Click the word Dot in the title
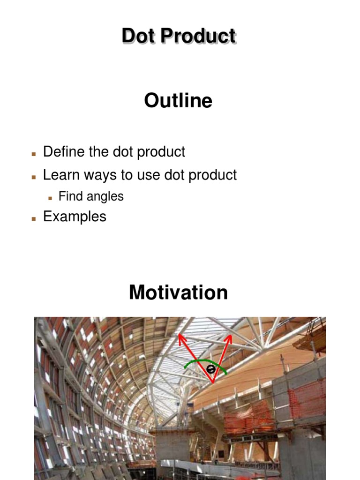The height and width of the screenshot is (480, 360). (x=136, y=36)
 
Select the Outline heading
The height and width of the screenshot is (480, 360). (x=178, y=100)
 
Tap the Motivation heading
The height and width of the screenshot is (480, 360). (x=178, y=292)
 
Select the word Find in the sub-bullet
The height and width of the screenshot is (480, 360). (x=69, y=196)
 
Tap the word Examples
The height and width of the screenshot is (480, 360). (x=75, y=217)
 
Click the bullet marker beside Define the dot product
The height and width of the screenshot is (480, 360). (x=34, y=154)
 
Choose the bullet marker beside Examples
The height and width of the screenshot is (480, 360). (x=34, y=218)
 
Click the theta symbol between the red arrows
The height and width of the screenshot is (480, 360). (x=211, y=369)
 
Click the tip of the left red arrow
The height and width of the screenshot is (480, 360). (x=179, y=336)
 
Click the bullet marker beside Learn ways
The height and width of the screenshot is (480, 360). (x=34, y=177)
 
